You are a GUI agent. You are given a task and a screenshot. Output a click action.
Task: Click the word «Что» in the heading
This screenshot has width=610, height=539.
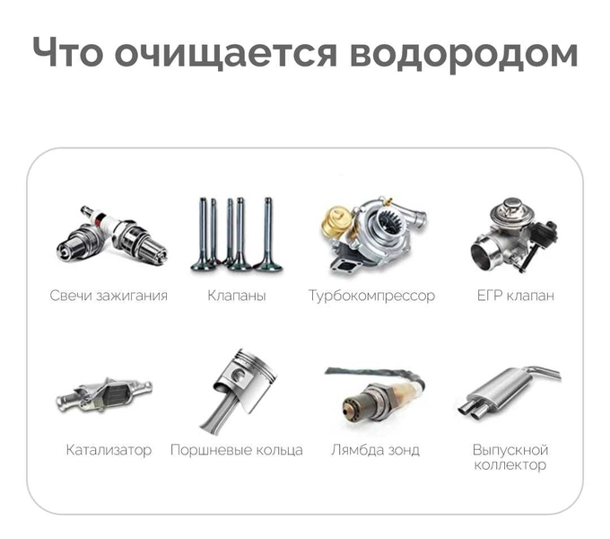tap(67, 52)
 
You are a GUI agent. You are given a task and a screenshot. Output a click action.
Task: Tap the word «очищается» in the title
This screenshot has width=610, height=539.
tap(226, 54)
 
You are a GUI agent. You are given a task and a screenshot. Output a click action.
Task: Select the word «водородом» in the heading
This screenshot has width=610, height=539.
tap(464, 55)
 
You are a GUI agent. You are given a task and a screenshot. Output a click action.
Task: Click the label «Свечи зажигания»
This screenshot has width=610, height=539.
tap(109, 296)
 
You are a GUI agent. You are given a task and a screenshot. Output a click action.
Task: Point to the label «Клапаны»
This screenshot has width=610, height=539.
tap(237, 296)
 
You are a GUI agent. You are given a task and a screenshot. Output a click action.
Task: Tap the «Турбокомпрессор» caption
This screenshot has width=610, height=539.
tap(371, 296)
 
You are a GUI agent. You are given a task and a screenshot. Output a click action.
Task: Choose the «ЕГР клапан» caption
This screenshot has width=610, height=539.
tap(515, 296)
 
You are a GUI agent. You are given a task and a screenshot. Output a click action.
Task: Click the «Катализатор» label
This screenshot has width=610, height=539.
tap(109, 450)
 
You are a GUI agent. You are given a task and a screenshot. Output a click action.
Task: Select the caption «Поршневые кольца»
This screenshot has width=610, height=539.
tap(237, 450)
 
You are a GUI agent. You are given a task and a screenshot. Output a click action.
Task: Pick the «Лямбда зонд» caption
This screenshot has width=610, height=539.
tap(375, 450)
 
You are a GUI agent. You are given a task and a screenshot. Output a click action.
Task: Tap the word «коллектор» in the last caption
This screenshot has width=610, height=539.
tap(510, 464)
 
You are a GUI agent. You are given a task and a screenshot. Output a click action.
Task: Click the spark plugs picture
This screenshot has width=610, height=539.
tap(111, 235)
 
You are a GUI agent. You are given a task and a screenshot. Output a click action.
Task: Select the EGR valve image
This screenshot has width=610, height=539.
tap(513, 234)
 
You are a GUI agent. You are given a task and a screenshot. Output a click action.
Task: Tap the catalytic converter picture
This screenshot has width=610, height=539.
tap(104, 394)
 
